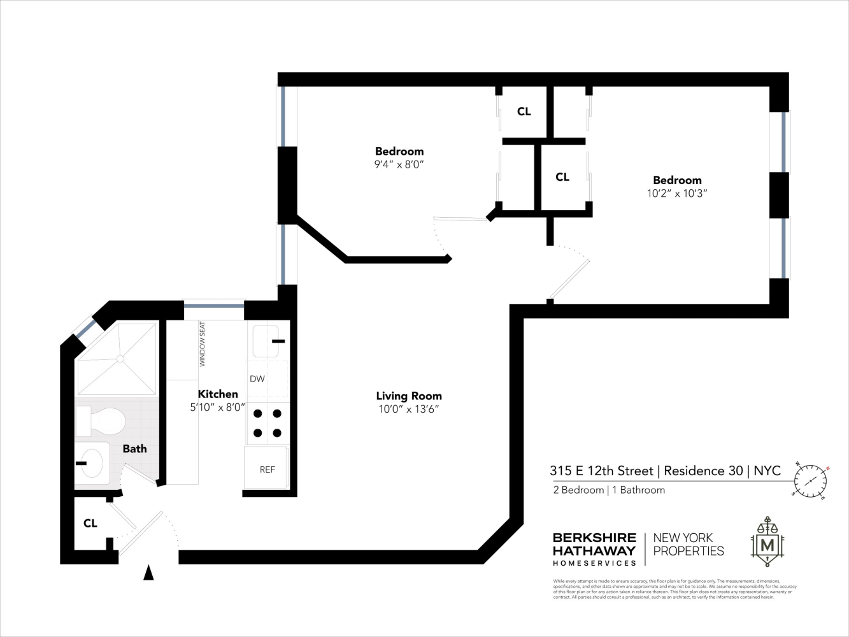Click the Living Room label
[x=408, y=396]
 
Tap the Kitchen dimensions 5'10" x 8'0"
[x=218, y=408]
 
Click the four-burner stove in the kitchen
[x=268, y=423]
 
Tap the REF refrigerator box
[x=267, y=469]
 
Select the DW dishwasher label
[x=257, y=379]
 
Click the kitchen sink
[x=266, y=341]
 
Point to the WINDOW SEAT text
[x=203, y=344]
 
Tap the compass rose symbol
[x=811, y=480]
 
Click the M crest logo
[x=767, y=543]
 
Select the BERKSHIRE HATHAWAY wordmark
[x=594, y=544]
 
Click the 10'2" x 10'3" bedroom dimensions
[x=677, y=193]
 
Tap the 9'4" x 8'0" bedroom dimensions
[x=399, y=164]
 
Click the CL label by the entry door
[x=90, y=523]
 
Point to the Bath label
[x=134, y=448]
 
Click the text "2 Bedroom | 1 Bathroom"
[x=609, y=490]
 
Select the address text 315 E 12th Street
[x=602, y=471]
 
